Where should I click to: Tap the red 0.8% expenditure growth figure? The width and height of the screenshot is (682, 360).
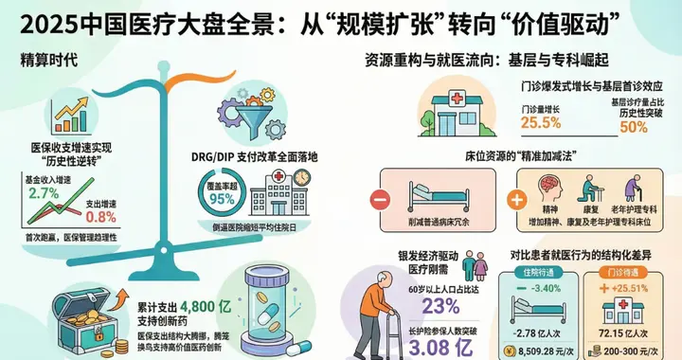pyautogui.click(x=115, y=216)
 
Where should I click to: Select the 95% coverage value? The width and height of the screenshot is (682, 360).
pyautogui.click(x=221, y=200)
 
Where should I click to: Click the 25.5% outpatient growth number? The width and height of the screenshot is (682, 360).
pyautogui.click(x=542, y=122)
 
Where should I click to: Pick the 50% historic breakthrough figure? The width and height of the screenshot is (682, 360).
pyautogui.click(x=634, y=126)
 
